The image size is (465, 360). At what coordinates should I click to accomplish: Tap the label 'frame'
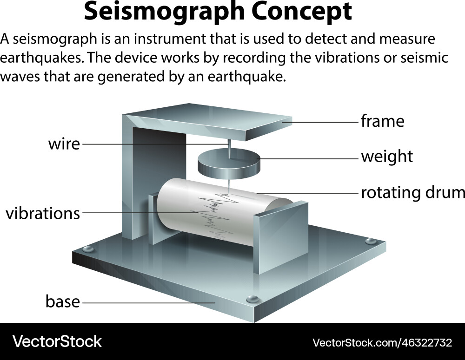point(382,122)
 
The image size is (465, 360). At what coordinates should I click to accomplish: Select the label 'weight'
point(387,157)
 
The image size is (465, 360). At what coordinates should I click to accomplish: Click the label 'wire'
point(64,144)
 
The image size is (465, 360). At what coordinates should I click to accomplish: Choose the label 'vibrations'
point(43,214)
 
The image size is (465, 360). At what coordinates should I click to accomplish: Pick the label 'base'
point(62,302)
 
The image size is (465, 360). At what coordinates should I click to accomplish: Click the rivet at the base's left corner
point(87,249)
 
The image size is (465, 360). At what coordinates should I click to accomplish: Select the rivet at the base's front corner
point(252,298)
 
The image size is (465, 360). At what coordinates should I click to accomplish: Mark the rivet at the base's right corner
point(370,241)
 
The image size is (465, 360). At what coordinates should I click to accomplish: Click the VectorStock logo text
point(57,342)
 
